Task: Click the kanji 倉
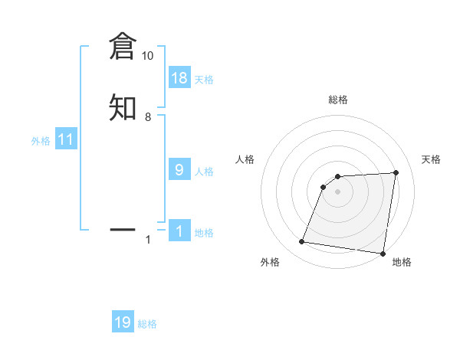tap(123, 47)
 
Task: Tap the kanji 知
tap(123, 107)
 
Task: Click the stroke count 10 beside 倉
tap(147, 56)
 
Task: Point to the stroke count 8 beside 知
tap(147, 117)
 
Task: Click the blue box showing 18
tap(179, 78)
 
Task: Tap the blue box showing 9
tap(179, 170)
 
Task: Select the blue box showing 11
tap(66, 139)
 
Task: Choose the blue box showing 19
tap(123, 322)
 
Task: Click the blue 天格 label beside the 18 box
tap(204, 80)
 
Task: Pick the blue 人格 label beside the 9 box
tap(204, 172)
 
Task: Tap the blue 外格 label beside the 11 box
tap(41, 141)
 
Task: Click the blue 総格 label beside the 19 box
tap(147, 324)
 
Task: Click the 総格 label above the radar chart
tap(337, 100)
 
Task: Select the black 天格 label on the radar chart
tap(432, 159)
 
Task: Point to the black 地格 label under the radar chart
tap(402, 262)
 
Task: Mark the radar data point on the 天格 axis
tap(396, 172)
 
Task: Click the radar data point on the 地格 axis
tap(382, 253)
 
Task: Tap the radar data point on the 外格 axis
tap(302, 242)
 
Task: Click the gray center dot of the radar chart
tap(337, 191)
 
